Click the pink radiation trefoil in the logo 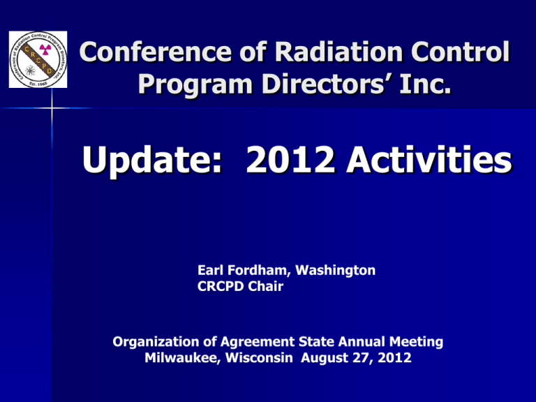pos(45,50)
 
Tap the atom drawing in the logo pos(31,70)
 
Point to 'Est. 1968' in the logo pos(38,83)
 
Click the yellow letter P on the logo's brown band pos(43,67)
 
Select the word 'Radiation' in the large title pos(338,52)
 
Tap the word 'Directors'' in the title pos(327,84)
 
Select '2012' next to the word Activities pos(290,160)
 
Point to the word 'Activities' pos(429,160)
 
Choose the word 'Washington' pos(335,271)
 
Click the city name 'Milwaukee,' pos(183,358)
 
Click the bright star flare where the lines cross pos(52,108)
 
